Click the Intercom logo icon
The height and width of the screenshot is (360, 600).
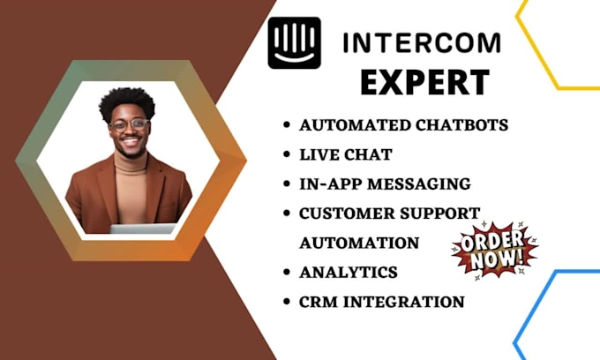[x=294, y=42]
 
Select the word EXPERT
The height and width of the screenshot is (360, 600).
[x=424, y=82]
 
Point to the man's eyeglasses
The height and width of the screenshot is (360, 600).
[x=129, y=124]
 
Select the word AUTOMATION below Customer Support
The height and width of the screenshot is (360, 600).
[x=359, y=242]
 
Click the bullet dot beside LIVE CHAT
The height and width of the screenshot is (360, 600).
[x=286, y=155]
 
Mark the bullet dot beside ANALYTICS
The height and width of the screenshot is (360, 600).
[x=286, y=273]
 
